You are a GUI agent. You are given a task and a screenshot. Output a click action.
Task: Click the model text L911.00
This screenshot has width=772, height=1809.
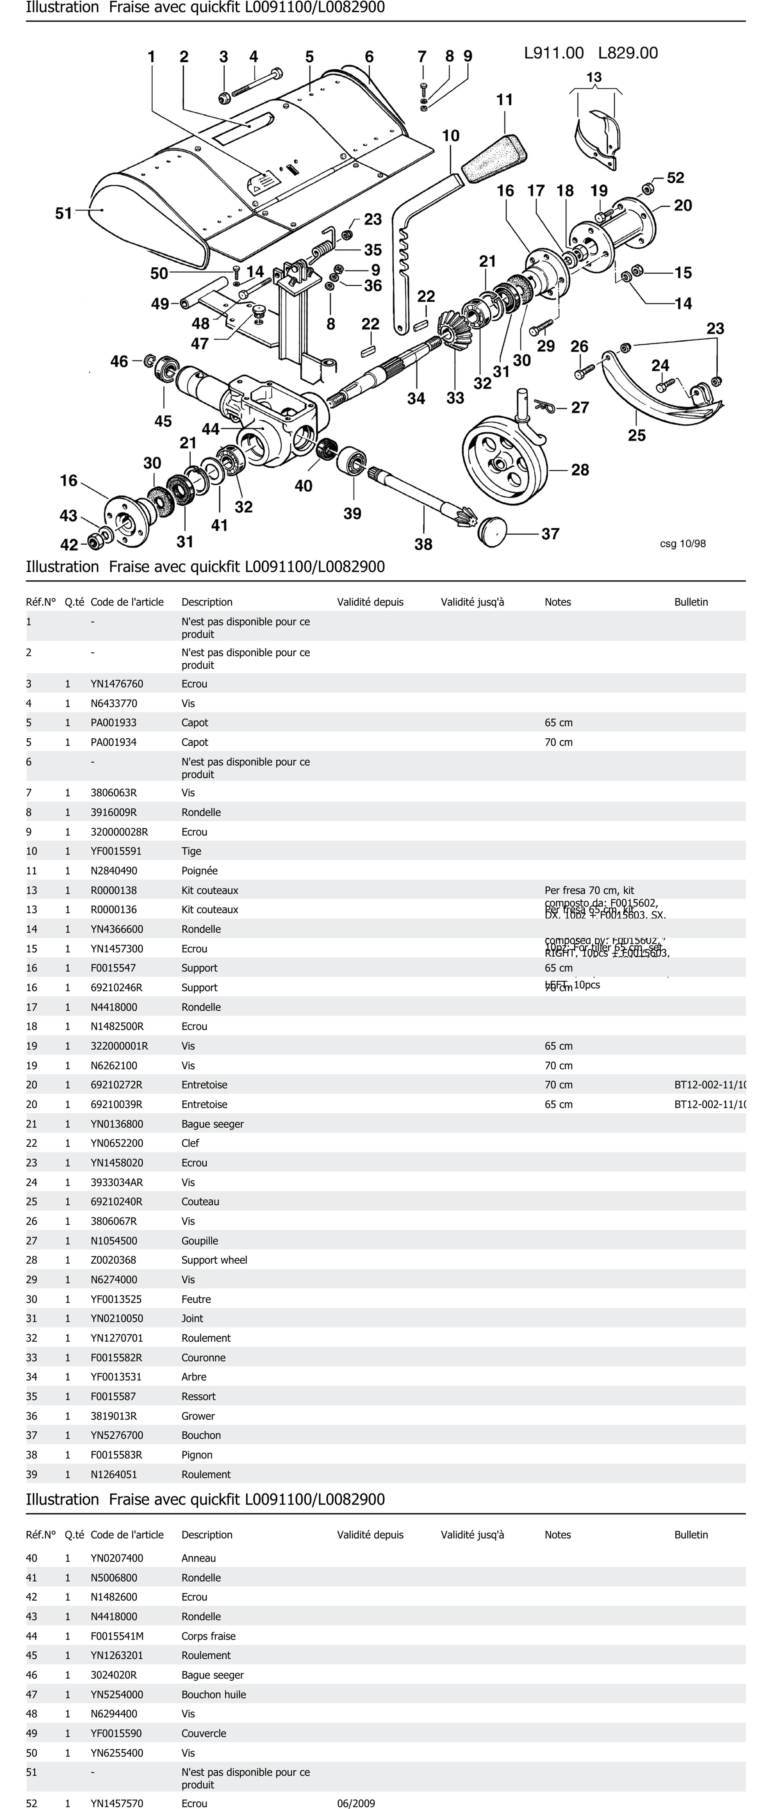pyautogui.click(x=554, y=53)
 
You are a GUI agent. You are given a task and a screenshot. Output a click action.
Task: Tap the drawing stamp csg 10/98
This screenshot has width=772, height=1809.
pyautogui.click(x=682, y=543)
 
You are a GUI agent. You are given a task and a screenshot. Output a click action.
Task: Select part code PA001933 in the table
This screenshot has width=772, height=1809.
pyautogui.click(x=114, y=723)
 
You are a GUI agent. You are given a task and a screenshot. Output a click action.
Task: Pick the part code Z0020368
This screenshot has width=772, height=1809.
pyautogui.click(x=114, y=1260)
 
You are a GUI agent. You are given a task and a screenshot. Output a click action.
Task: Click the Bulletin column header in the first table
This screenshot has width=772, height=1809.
pyautogui.click(x=691, y=602)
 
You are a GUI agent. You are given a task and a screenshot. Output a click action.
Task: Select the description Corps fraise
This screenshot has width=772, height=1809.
pyautogui.click(x=209, y=1636)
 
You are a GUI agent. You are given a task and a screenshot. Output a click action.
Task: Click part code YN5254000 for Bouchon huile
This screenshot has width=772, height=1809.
pyautogui.click(x=117, y=1694)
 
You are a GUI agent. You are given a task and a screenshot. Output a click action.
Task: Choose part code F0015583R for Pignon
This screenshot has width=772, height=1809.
pyautogui.click(x=117, y=1454)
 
